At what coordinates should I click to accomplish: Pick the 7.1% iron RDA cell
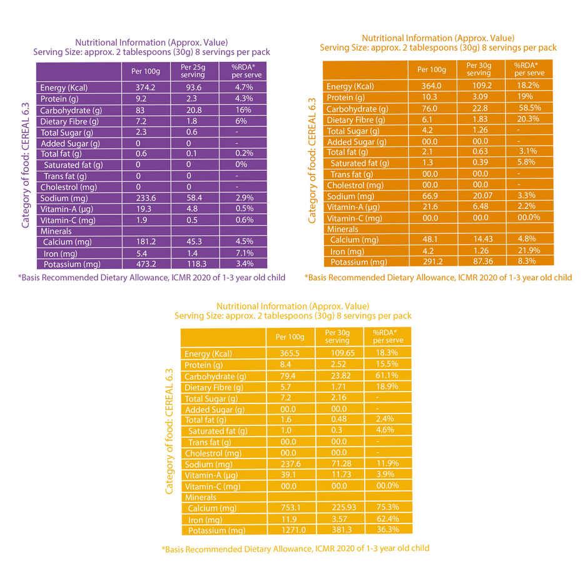click(245, 253)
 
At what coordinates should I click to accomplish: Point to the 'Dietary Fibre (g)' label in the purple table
click(69, 121)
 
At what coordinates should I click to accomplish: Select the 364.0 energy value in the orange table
click(431, 86)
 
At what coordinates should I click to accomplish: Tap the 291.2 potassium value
click(431, 261)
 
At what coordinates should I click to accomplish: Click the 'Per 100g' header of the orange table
click(432, 69)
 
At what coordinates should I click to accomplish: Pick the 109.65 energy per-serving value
click(339, 353)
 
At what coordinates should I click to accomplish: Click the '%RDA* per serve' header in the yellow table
click(388, 337)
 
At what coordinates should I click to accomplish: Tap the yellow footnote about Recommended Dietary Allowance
click(295, 549)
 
